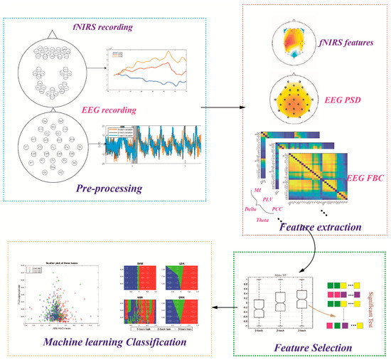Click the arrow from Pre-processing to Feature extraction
point(220,109)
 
